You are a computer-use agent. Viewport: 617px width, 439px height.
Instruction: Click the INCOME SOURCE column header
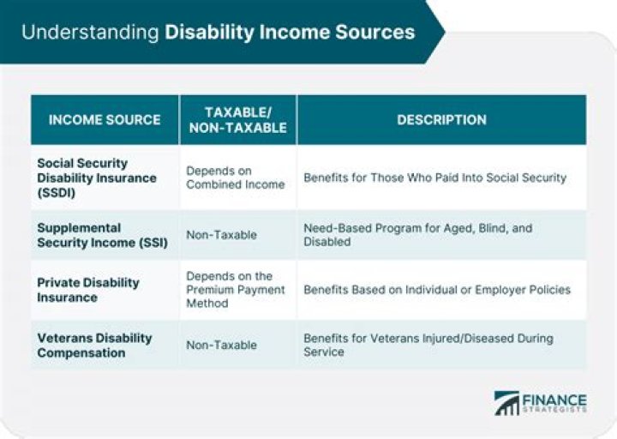click(104, 120)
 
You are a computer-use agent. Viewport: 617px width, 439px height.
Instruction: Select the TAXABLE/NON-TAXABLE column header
click(237, 120)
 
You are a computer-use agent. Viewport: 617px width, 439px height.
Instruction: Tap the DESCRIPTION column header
click(441, 120)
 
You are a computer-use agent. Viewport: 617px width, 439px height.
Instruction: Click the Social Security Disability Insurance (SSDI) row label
click(96, 177)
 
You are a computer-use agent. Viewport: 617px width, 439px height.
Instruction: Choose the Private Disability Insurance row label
click(87, 290)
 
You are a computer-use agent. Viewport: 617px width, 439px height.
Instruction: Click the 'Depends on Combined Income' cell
click(235, 177)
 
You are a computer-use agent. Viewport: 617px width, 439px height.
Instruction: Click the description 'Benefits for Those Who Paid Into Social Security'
click(434, 177)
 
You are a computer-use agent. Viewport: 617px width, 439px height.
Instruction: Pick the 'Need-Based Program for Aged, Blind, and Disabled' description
click(417, 235)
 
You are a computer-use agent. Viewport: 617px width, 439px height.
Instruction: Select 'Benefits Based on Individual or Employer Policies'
click(436, 290)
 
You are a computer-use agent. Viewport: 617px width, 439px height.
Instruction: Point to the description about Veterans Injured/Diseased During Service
click(428, 346)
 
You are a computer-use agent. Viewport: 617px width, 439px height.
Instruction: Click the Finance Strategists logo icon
click(507, 403)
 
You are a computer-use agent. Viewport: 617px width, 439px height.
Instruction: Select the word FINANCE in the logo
click(555, 400)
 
